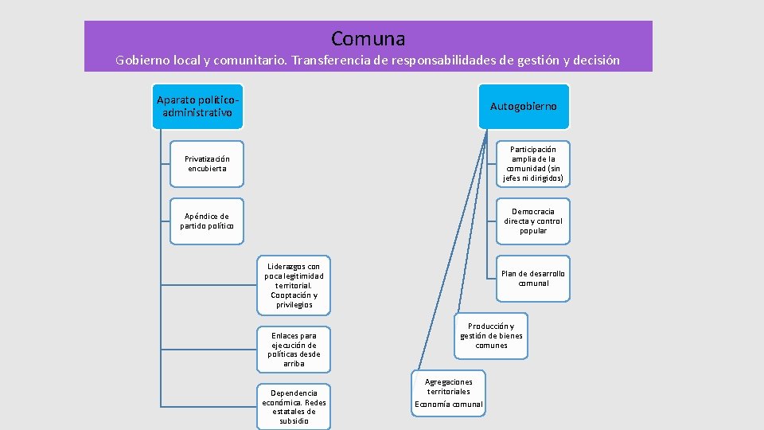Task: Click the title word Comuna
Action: coord(368,38)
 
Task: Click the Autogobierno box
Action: coord(524,106)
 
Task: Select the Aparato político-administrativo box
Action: coord(198,106)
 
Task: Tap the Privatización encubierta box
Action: coord(207,163)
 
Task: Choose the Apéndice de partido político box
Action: coord(207,221)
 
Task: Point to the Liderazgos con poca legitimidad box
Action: coord(294,285)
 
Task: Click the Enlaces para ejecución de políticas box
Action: coord(294,350)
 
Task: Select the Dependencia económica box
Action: coord(294,406)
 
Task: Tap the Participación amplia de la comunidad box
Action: coord(533,163)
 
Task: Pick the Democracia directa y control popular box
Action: coord(533,221)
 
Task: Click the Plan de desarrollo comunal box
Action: coord(533,278)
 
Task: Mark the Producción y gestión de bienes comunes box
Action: coord(491,335)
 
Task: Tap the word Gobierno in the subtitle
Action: coord(143,60)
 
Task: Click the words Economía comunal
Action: coord(449,404)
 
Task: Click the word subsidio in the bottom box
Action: coord(294,420)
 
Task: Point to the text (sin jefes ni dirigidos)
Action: coord(533,174)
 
